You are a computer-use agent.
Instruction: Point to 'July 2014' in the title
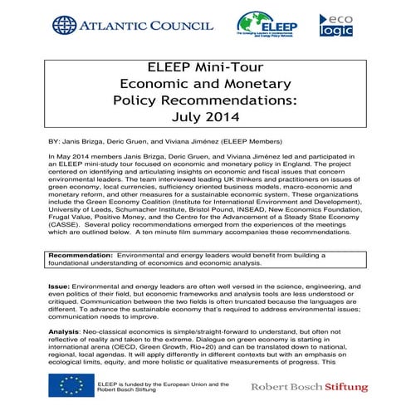click(204, 117)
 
